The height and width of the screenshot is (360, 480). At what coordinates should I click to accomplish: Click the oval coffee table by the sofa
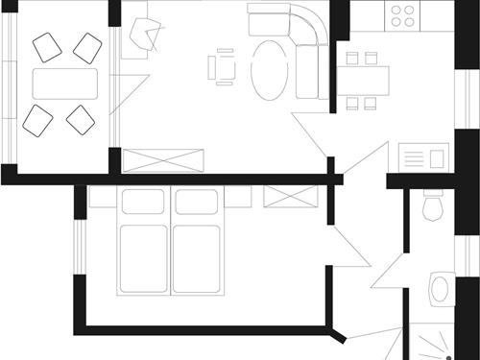click(x=269, y=69)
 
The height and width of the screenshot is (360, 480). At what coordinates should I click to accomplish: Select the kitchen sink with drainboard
click(x=423, y=156)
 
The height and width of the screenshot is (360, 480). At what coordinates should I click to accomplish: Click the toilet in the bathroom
click(x=433, y=205)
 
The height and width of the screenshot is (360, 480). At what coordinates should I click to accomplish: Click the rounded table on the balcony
click(x=65, y=83)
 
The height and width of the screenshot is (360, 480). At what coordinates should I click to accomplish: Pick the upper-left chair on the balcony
click(x=46, y=46)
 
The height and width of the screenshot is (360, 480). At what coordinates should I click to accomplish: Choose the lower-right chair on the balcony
click(x=81, y=119)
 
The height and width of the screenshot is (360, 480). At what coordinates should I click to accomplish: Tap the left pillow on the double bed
click(x=143, y=202)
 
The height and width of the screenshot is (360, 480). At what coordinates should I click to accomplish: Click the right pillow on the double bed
click(x=197, y=202)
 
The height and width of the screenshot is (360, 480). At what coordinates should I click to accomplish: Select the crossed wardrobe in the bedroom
click(x=290, y=196)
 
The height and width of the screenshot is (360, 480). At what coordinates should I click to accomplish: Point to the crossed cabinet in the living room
click(x=163, y=159)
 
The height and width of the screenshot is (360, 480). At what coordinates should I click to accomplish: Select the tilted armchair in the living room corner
click(x=148, y=36)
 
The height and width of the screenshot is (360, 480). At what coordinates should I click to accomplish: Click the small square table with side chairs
click(x=224, y=67)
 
